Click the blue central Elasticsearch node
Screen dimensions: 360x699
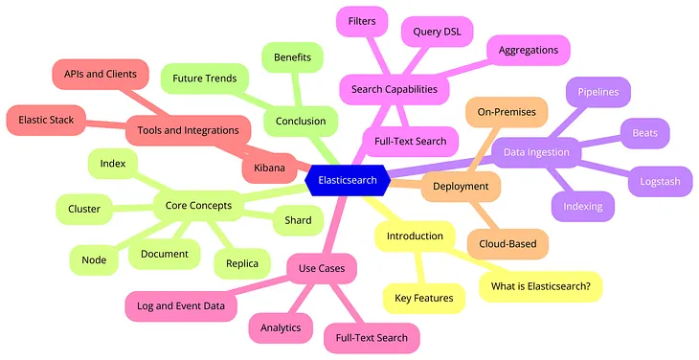(x=348, y=178)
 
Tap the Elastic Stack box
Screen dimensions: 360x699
(x=47, y=122)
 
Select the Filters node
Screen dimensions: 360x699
(x=362, y=18)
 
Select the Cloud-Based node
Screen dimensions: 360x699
(x=507, y=243)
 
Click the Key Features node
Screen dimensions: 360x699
(x=424, y=299)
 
